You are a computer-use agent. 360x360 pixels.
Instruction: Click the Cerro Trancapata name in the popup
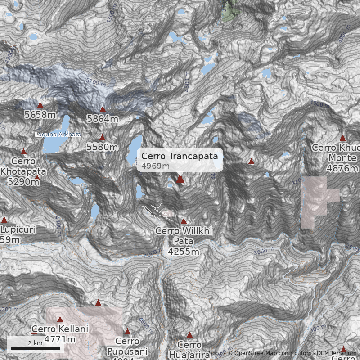180,156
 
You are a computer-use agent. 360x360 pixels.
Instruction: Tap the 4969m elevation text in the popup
155,166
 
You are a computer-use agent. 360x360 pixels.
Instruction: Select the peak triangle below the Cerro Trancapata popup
180,180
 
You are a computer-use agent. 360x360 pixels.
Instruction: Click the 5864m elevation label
103,119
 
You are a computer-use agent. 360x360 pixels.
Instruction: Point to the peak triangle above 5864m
103,109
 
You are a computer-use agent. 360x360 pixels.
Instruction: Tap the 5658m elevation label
40,115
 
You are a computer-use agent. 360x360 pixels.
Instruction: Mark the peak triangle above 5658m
40,105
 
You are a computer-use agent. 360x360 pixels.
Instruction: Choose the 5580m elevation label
102,147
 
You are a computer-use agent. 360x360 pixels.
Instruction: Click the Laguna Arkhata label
58,135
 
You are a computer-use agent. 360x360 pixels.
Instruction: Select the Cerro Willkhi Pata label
184,236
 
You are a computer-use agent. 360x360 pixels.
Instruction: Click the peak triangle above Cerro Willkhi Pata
184,221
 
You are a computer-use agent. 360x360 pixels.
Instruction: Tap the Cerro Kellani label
60,329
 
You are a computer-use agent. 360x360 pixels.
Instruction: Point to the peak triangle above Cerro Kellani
60,319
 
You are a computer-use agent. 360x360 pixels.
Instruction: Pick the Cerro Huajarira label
189,350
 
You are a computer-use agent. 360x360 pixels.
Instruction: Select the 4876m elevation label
342,168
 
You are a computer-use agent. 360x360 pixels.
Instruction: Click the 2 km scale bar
35,347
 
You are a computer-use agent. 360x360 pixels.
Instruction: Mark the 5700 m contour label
96,83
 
